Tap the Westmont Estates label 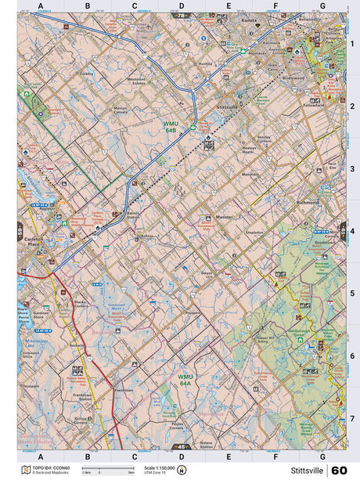coord(138,81)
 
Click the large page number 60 coord(339,471)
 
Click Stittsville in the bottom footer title coord(306,471)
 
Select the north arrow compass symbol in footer coord(182,471)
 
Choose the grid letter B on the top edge coord(88,6)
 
